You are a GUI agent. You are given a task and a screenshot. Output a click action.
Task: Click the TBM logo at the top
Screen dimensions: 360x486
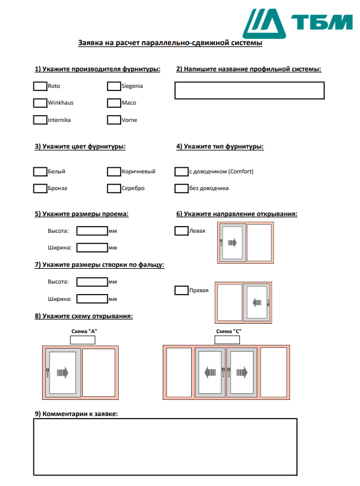pyautogui.click(x=298, y=24)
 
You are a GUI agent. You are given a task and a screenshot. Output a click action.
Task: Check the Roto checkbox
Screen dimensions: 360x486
pyautogui.click(x=40, y=86)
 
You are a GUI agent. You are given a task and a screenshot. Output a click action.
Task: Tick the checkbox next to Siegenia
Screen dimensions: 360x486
pyautogui.click(x=114, y=86)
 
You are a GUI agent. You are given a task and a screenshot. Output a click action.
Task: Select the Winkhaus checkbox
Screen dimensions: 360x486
pyautogui.click(x=40, y=103)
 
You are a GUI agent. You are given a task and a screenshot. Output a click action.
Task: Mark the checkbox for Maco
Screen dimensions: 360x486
pyautogui.click(x=114, y=103)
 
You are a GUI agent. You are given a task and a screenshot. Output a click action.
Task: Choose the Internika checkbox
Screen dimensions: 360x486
pyautogui.click(x=40, y=120)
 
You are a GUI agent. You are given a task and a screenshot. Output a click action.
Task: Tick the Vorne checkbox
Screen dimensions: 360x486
pyautogui.click(x=114, y=120)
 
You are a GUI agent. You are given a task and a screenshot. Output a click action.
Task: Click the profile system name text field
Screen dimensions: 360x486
pyautogui.click(x=249, y=90)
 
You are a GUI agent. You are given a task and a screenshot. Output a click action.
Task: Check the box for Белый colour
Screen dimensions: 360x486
pyautogui.click(x=40, y=171)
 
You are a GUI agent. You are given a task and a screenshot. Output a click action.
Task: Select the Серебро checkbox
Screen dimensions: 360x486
pyautogui.click(x=114, y=188)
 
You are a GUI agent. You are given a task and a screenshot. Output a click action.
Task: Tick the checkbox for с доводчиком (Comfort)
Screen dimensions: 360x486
pyautogui.click(x=181, y=171)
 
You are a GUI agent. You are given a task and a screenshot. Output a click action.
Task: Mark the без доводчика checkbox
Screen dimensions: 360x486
pyautogui.click(x=181, y=188)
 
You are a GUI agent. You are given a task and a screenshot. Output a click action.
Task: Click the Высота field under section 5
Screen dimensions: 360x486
pyautogui.click(x=92, y=231)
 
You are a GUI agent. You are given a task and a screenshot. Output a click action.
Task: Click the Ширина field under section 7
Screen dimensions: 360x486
pyautogui.click(x=92, y=299)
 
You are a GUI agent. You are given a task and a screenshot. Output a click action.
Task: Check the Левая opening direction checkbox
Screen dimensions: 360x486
pyautogui.click(x=181, y=231)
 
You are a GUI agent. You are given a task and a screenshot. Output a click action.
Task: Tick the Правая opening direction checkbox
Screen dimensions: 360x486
pyautogui.click(x=181, y=290)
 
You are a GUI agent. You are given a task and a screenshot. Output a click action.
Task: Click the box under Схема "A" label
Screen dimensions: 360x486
pyautogui.click(x=83, y=340)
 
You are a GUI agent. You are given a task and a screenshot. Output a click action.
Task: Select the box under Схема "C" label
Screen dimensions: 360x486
pyautogui.click(x=227, y=340)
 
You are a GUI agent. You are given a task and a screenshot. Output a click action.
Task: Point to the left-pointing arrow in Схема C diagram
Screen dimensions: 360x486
pyautogui.click(x=210, y=372)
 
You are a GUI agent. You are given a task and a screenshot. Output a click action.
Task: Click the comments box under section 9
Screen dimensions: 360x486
pyautogui.click(x=165, y=446)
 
